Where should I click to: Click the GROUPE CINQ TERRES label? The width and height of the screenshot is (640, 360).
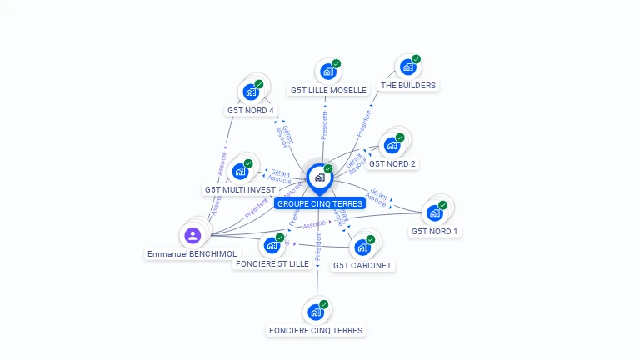coord(320,203)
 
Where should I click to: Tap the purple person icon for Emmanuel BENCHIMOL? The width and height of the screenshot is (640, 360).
coord(192,235)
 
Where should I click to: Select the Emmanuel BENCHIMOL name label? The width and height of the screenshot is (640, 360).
coord(192,253)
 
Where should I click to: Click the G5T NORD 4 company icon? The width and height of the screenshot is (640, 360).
coord(249,92)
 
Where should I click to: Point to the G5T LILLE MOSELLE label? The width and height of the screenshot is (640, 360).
coord(328,90)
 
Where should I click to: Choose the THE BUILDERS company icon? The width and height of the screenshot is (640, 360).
coord(407,67)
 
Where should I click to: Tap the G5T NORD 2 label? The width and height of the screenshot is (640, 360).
coord(392,163)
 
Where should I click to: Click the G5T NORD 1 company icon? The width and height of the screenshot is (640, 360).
coord(434,212)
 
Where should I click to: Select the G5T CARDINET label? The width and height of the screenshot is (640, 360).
coord(362,265)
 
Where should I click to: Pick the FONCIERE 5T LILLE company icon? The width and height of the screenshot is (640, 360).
coord(271,245)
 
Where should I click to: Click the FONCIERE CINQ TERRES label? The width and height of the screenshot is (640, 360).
coord(316,330)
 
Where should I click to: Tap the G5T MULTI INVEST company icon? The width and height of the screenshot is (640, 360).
coord(240,172)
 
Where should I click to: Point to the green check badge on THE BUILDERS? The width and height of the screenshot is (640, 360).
coord(416,59)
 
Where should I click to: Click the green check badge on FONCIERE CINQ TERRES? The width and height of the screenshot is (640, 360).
coord(324,304)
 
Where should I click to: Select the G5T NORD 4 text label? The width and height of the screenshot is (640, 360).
coord(250,110)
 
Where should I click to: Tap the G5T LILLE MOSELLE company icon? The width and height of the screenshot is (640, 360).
coord(327,72)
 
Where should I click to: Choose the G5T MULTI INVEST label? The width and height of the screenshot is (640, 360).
coord(240,189)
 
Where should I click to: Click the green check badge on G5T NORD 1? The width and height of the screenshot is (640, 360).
coord(443,205)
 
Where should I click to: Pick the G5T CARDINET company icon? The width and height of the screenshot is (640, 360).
coord(362,247)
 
